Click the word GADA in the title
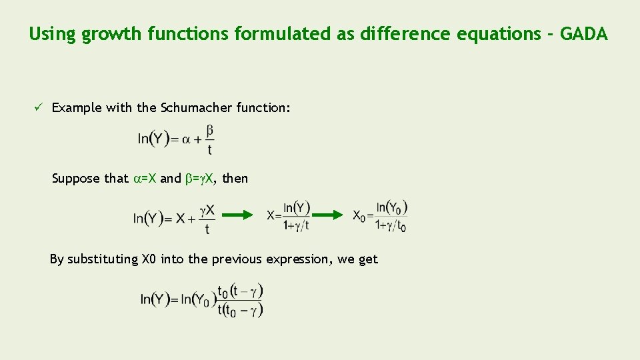(x=583, y=34)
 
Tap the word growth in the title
(x=109, y=34)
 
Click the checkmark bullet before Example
(x=40, y=107)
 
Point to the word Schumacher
(x=196, y=107)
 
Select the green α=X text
(x=145, y=178)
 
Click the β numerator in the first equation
(x=210, y=130)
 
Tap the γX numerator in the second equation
(x=207, y=210)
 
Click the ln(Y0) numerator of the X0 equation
(x=391, y=208)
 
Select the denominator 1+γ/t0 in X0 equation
(x=391, y=225)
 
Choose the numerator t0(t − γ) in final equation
(x=241, y=291)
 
